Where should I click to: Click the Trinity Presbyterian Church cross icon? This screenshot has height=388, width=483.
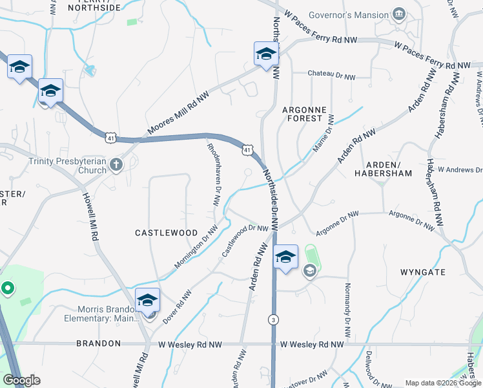point(116,165)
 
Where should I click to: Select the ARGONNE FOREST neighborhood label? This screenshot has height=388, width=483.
point(302,114)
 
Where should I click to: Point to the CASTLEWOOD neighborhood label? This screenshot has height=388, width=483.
point(166,232)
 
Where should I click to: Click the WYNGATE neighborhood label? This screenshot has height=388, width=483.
point(423,272)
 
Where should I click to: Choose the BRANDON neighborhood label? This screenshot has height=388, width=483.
point(98,343)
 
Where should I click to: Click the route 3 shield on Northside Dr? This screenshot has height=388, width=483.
point(274,319)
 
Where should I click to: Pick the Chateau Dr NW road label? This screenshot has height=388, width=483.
point(331,76)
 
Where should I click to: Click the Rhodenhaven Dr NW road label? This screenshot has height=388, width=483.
point(216,174)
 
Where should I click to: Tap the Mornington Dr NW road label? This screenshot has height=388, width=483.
point(196,247)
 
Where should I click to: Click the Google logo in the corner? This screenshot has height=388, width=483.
point(21,381)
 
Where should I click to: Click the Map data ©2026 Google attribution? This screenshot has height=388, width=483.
point(443,383)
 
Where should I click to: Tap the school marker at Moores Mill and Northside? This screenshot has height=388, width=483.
point(265,56)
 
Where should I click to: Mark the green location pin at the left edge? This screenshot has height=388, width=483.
point(7,288)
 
